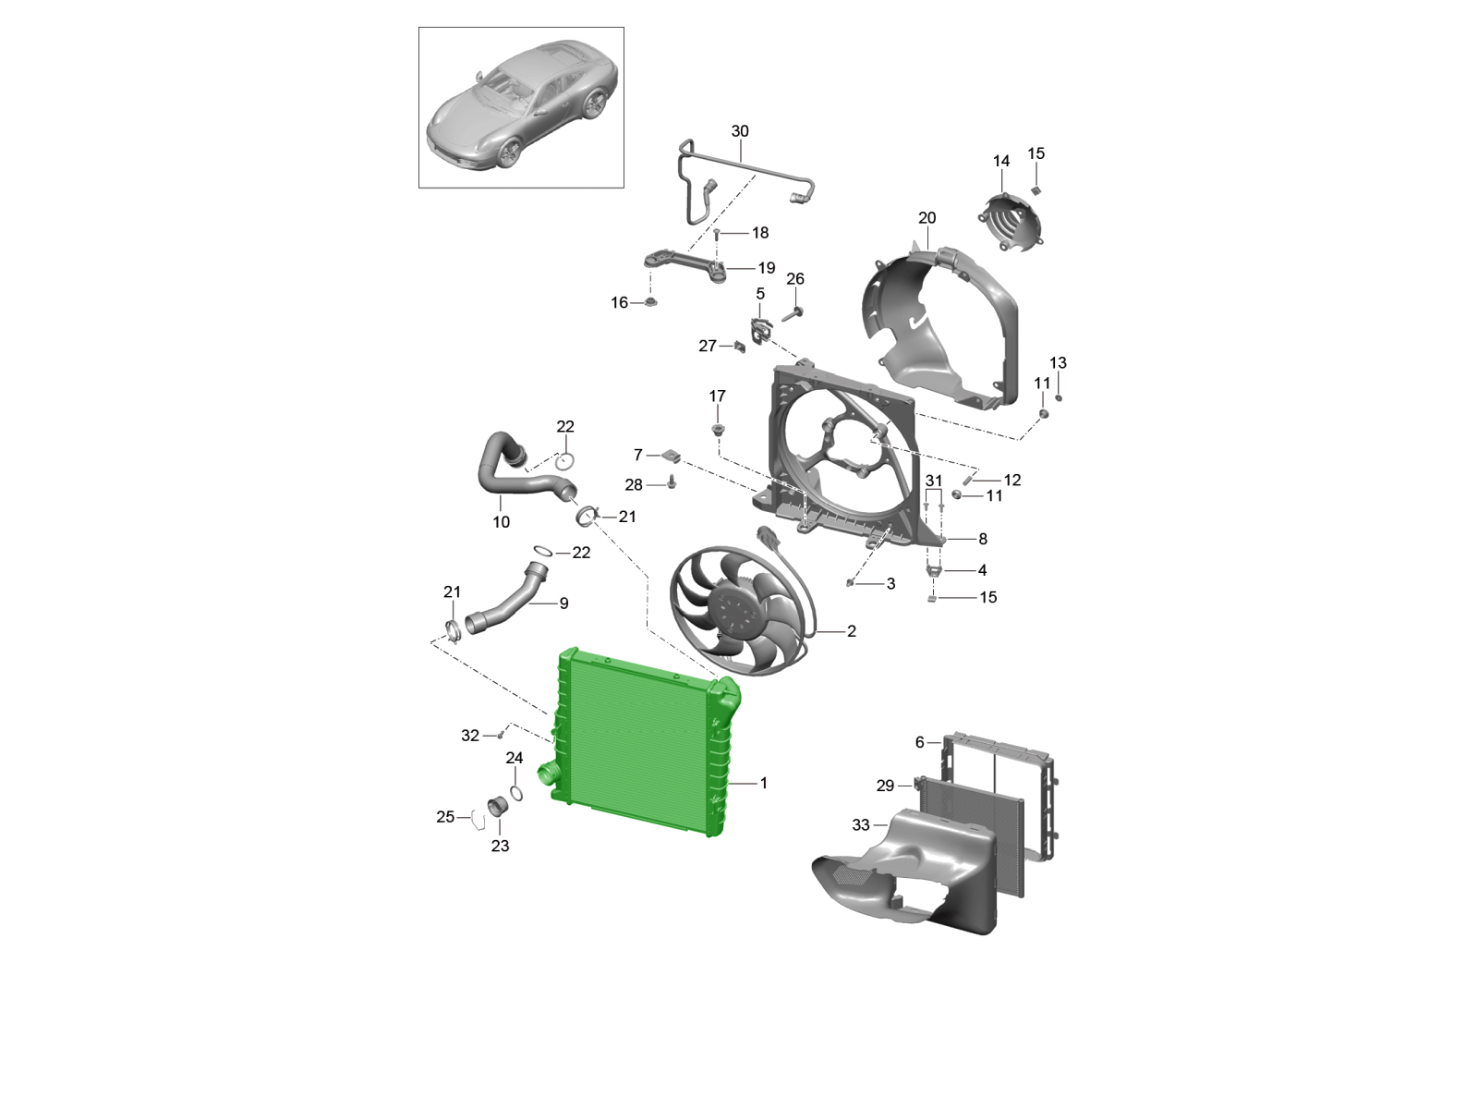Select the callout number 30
pyautogui.click(x=739, y=131)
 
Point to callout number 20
pyautogui.click(x=927, y=218)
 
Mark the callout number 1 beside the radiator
pyautogui.click(x=764, y=783)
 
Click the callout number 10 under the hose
pyautogui.click(x=501, y=522)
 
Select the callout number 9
pyautogui.click(x=564, y=603)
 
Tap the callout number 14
pyautogui.click(x=1001, y=162)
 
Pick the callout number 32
pyautogui.click(x=470, y=736)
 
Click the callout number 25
pyautogui.click(x=445, y=817)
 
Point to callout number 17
pyautogui.click(x=717, y=396)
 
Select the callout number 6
pyautogui.click(x=920, y=742)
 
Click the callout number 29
pyautogui.click(x=886, y=786)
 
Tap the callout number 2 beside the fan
pyautogui.click(x=852, y=631)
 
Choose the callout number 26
pyautogui.click(x=795, y=279)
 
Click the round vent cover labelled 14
pyautogui.click(x=1010, y=221)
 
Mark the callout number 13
pyautogui.click(x=1058, y=363)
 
